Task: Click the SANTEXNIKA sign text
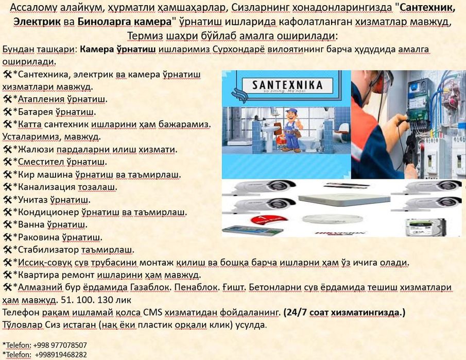click(287, 84)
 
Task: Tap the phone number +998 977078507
click(60, 345)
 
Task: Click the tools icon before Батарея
click(7, 112)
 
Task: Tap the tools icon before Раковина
click(7, 237)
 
